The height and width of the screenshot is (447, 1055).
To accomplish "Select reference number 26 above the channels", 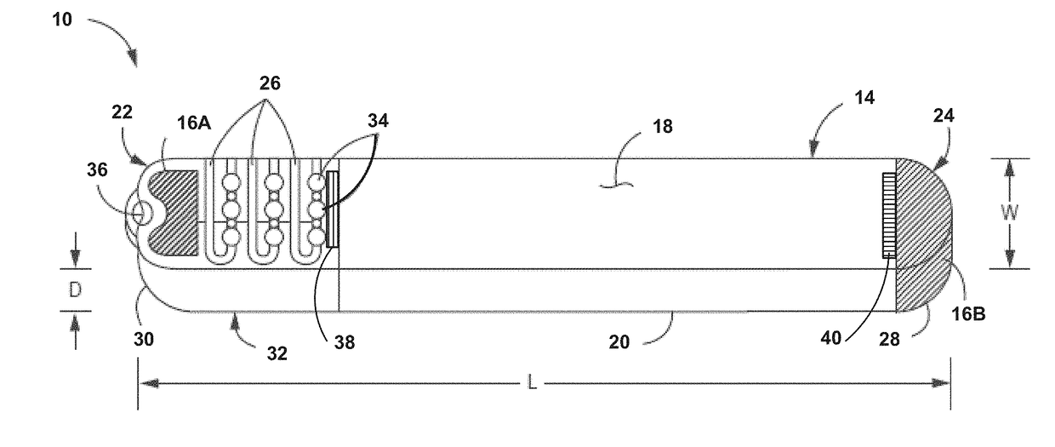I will pyautogui.click(x=270, y=83).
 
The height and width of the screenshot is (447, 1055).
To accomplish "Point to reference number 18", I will pyautogui.click(x=662, y=126).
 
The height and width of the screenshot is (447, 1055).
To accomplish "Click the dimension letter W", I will pyautogui.click(x=1010, y=213).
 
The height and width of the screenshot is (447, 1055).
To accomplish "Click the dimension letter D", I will pyautogui.click(x=75, y=289).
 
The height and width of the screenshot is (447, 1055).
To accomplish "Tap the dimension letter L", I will pyautogui.click(x=532, y=384).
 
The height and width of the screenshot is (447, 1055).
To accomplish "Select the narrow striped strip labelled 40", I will pyautogui.click(x=889, y=215).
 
